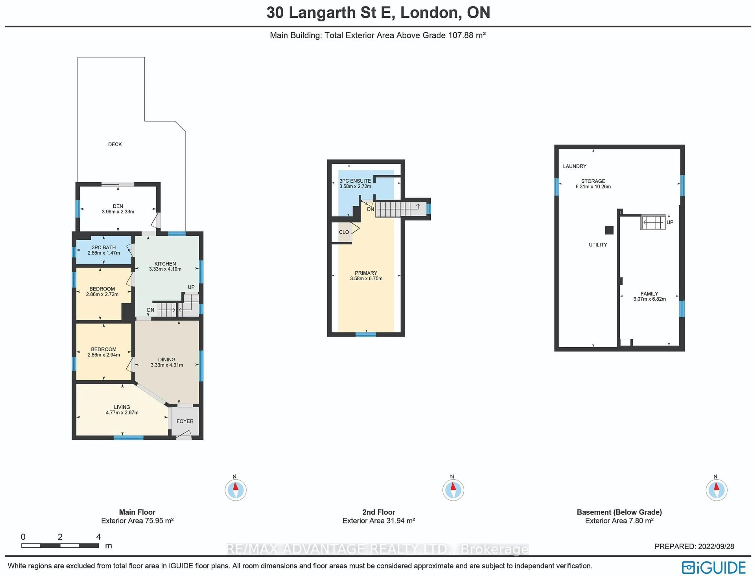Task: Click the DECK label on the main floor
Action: (x=115, y=144)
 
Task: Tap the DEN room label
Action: (x=118, y=206)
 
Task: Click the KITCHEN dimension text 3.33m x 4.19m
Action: (x=165, y=269)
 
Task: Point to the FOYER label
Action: (x=185, y=421)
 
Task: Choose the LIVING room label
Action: (x=122, y=407)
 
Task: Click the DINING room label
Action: (x=167, y=359)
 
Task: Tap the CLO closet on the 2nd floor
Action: (x=344, y=232)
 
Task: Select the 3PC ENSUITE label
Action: (x=355, y=181)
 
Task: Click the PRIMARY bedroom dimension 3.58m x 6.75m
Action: (x=366, y=278)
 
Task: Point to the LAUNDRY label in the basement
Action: (x=575, y=166)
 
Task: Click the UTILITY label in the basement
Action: (x=598, y=245)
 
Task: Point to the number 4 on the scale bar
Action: (x=98, y=537)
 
